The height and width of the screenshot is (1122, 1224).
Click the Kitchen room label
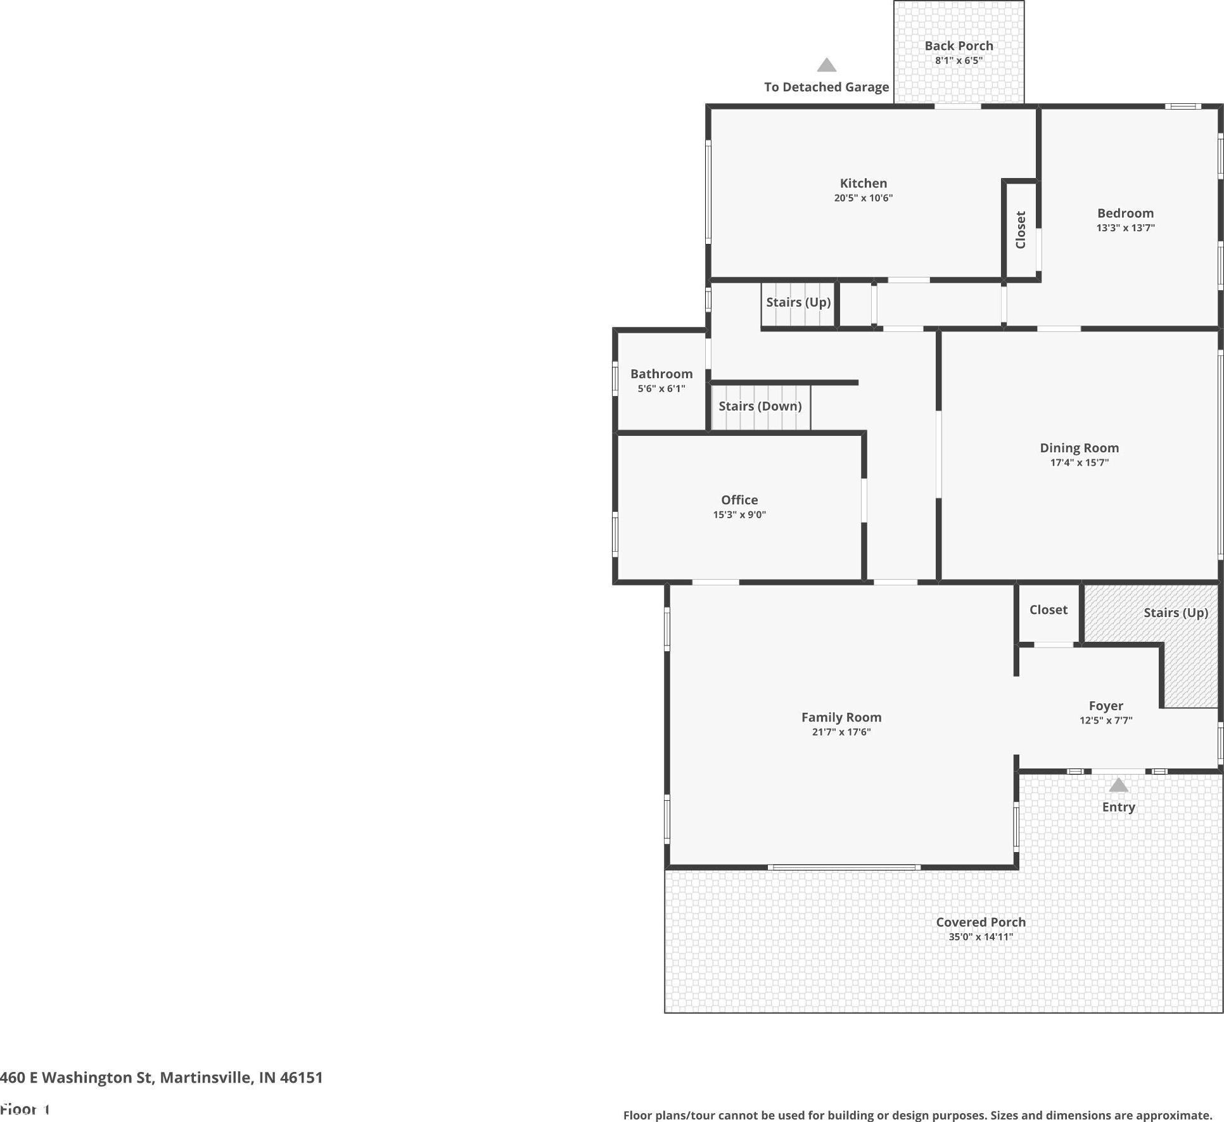point(863,183)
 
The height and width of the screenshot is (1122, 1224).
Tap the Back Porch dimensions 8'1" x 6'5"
point(959,61)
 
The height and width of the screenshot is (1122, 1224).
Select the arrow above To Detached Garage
point(826,65)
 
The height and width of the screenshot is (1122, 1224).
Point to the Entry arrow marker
point(1118,785)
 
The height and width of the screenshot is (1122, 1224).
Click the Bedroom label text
point(1125,213)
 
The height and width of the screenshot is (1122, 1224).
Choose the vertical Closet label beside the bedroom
point(1021,230)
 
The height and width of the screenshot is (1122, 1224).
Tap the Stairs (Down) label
point(760,406)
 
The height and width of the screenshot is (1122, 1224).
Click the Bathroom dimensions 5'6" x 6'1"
point(661,389)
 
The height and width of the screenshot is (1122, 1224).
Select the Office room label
point(739,500)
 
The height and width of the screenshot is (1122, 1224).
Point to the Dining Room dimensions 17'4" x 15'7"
point(1079,462)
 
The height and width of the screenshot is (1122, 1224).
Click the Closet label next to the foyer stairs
point(1048,609)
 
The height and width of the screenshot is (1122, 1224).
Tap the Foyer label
point(1106,706)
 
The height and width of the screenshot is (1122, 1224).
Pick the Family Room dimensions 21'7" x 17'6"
point(841,732)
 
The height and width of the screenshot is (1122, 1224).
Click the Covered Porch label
point(981,922)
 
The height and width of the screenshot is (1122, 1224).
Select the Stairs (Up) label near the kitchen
point(798,302)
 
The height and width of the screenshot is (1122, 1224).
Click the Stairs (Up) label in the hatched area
point(1175,613)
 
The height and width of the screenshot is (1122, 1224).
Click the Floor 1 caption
point(25,1109)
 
